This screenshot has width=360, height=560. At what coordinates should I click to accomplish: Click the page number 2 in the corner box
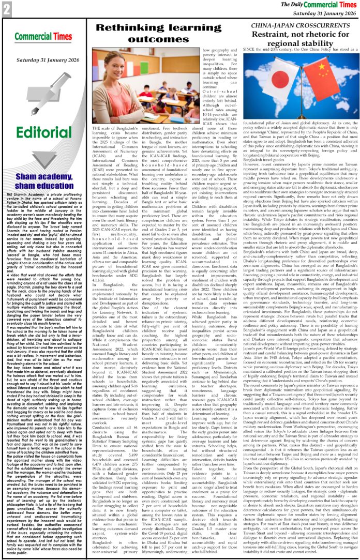click(7, 9)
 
